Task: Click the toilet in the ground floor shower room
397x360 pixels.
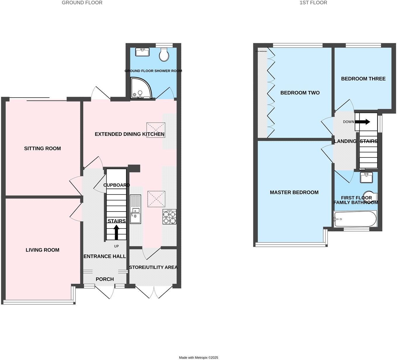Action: click(x=164, y=55)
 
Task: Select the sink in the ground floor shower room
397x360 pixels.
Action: click(x=142, y=52)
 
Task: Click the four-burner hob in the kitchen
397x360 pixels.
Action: click(x=170, y=217)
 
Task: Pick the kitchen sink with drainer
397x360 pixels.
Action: click(x=135, y=209)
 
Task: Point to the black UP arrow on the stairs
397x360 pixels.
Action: click(x=116, y=232)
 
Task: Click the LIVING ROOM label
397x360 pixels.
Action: click(x=42, y=250)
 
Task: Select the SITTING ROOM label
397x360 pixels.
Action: click(x=42, y=148)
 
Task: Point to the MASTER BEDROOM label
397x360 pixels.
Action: click(x=294, y=192)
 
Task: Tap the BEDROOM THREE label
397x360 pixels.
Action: click(x=363, y=79)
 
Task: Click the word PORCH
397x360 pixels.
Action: click(x=105, y=279)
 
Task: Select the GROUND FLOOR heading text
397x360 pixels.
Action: click(x=82, y=3)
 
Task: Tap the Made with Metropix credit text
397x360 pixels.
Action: click(x=198, y=357)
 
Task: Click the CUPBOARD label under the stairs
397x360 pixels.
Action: click(x=116, y=185)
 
